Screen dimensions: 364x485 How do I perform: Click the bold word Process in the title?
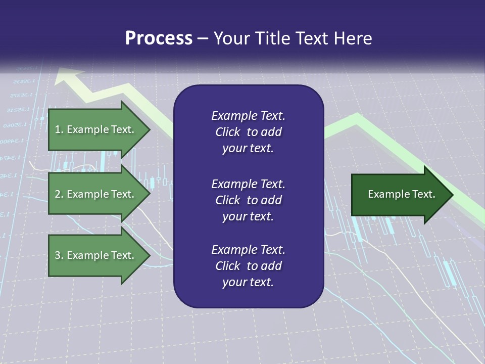pyautogui.click(x=159, y=38)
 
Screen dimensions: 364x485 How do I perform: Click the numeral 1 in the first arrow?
pyautogui.click(x=57, y=129)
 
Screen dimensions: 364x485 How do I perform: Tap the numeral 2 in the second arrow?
pyautogui.click(x=57, y=194)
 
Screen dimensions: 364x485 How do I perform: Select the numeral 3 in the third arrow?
pyautogui.click(x=57, y=255)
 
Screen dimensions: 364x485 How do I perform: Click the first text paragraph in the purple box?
pyautogui.click(x=248, y=132)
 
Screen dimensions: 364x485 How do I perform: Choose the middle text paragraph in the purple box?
pyautogui.click(x=248, y=200)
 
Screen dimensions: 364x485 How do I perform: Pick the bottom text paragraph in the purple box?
pyautogui.click(x=248, y=266)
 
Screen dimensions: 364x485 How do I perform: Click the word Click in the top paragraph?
pyautogui.click(x=227, y=132)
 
